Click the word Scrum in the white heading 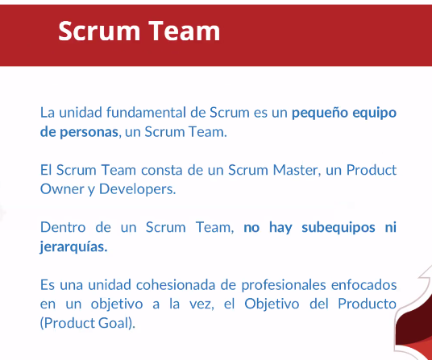pyautogui.click(x=99, y=31)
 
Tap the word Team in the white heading pyautogui.click(x=185, y=31)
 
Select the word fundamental pyautogui.click(x=147, y=112)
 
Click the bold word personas pyautogui.click(x=89, y=132)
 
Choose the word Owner pyautogui.click(x=62, y=189)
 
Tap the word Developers pyautogui.click(x=137, y=189)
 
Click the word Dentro pyautogui.click(x=63, y=227)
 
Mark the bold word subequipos pyautogui.click(x=339, y=228)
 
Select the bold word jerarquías pyautogui.click(x=73, y=247)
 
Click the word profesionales pyautogui.click(x=284, y=285)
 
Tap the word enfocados pyautogui.click(x=364, y=285)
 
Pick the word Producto pyautogui.click(x=368, y=304)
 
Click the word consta pyautogui.click(x=162, y=171)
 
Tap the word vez pyautogui.click(x=201, y=304)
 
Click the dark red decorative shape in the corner pyautogui.click(x=413, y=329)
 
